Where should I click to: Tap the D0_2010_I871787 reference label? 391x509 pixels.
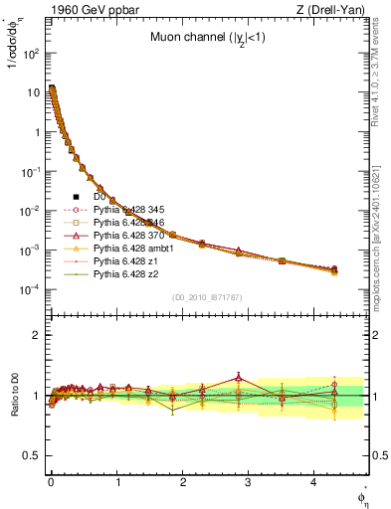pos(206,297)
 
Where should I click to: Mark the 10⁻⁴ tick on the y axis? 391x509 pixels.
pos(31,289)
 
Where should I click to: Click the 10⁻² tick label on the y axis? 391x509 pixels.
pos(31,211)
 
